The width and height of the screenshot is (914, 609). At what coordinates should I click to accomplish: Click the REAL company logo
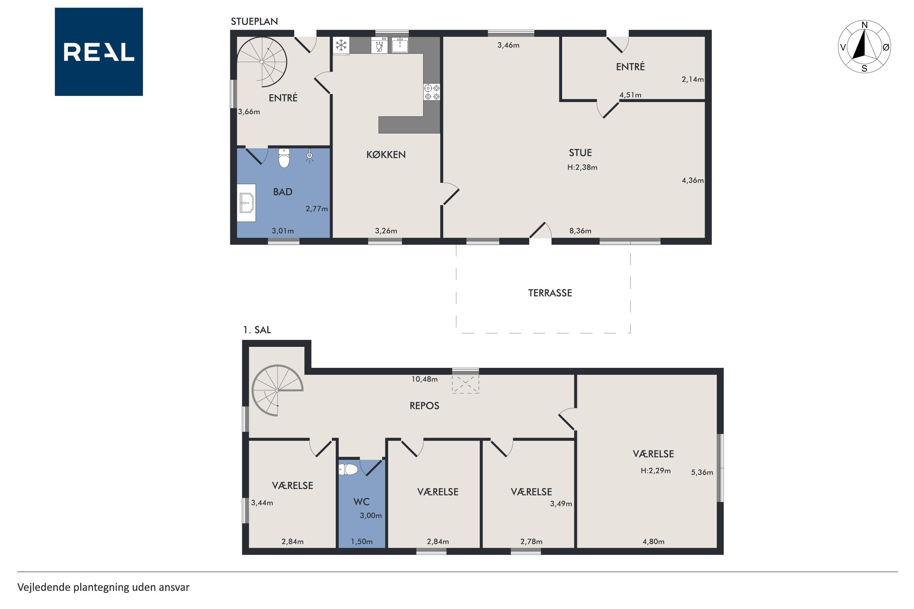[99, 52]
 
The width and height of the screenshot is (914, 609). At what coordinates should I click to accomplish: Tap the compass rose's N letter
[864, 25]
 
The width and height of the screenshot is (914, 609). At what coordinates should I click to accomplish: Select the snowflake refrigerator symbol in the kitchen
[341, 45]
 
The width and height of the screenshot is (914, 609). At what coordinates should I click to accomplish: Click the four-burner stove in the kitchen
[432, 92]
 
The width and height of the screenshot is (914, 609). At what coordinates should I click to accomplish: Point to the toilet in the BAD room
[284, 158]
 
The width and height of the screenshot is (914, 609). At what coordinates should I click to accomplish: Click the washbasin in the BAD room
[246, 203]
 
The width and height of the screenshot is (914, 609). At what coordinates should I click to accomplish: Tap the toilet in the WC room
[348, 469]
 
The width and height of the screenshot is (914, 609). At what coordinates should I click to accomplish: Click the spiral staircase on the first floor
[277, 390]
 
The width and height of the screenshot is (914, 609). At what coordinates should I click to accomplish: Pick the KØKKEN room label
[386, 155]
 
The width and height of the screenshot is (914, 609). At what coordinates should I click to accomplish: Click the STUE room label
[580, 153]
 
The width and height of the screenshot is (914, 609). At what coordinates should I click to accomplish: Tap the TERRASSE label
[550, 293]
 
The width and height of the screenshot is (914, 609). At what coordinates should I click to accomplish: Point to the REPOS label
[424, 406]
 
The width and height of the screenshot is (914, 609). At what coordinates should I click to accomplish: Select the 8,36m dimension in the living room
[580, 231]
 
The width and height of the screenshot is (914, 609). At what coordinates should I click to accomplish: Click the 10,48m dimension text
[425, 379]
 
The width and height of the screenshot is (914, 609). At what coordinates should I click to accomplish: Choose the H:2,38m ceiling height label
[582, 167]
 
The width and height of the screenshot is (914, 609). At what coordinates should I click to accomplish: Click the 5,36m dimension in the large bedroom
[702, 472]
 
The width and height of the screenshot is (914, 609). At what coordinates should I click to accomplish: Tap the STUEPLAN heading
[255, 21]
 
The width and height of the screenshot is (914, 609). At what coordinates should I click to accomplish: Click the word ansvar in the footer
[174, 587]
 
